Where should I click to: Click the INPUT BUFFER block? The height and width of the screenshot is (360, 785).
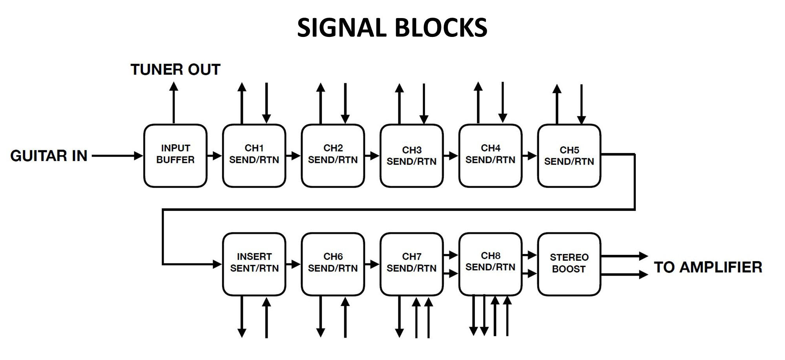pos(175,155)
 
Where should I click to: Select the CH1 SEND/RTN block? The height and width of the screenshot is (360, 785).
pos(254,155)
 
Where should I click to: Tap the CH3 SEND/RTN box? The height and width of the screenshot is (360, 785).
pos(411,155)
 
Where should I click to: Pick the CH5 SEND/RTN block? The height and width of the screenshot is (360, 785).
pos(569,155)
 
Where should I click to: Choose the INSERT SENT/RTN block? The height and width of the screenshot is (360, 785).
pos(254,264)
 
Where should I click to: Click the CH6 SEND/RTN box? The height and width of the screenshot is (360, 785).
pos(333,264)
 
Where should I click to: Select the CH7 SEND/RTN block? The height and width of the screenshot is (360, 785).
pos(411,264)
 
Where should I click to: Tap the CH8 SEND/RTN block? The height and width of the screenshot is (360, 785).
pos(490,264)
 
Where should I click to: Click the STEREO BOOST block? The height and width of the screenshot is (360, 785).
pos(569,264)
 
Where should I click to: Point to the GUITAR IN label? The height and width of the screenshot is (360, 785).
pos(49,156)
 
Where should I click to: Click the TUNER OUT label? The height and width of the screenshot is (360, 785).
pos(175,69)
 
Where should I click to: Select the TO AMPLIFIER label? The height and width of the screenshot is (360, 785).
pos(708,267)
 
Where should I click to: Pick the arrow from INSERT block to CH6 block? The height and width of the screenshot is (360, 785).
pos(293,264)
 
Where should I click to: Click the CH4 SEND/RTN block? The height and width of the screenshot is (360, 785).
pos(490,155)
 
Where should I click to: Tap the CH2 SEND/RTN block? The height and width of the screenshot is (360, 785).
pos(333,155)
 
